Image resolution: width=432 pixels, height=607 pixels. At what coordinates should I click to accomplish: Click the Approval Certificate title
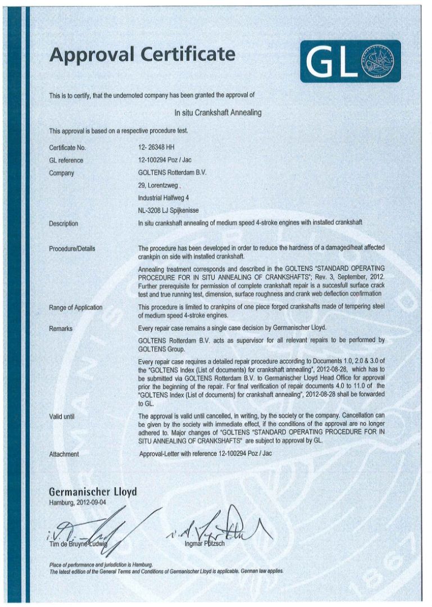(x=142, y=55)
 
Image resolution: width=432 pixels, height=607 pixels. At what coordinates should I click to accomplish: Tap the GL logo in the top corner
(x=350, y=61)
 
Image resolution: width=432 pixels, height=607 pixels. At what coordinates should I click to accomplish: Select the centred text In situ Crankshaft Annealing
(x=218, y=112)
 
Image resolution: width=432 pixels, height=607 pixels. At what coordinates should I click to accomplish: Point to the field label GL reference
(x=66, y=161)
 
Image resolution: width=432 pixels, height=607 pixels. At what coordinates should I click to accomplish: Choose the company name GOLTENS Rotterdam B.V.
(x=172, y=173)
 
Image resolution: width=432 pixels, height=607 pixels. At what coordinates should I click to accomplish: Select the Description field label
(x=64, y=224)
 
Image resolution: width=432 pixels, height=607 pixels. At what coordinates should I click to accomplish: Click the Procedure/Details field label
(x=72, y=248)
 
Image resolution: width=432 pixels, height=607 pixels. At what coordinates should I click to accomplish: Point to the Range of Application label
(x=76, y=307)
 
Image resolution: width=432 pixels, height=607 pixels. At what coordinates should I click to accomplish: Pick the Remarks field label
(x=61, y=328)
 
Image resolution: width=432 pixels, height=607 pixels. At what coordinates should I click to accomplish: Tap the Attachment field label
(x=64, y=454)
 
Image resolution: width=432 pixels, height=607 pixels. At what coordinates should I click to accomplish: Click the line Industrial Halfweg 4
(x=163, y=198)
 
